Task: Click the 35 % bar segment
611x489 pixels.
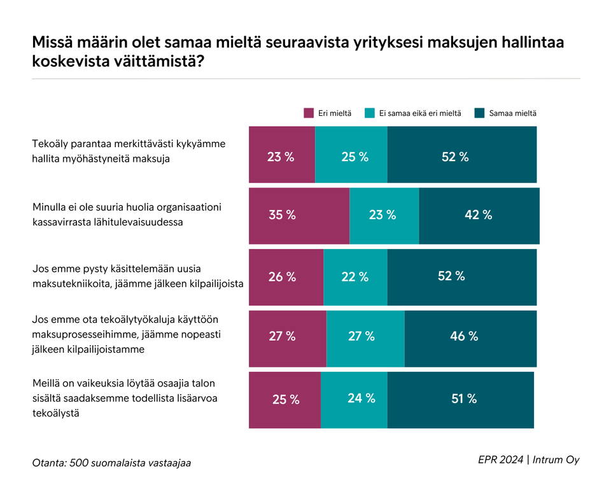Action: [x=298, y=215]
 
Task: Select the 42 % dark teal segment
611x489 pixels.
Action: [x=479, y=215]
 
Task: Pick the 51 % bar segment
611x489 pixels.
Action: [x=460, y=399]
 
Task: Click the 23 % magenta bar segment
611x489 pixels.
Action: [x=281, y=156]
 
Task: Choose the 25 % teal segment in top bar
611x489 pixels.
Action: [x=351, y=156]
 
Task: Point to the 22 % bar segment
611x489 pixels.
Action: [x=355, y=276]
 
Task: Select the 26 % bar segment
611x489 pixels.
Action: [x=286, y=276]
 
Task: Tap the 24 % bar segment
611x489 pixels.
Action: [x=354, y=399]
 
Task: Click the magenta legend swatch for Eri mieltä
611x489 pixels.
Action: [x=309, y=113]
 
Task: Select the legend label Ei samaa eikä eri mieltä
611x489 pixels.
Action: [x=420, y=113]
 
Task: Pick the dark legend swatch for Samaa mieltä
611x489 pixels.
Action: [x=480, y=113]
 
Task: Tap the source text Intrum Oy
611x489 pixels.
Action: [x=556, y=460]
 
